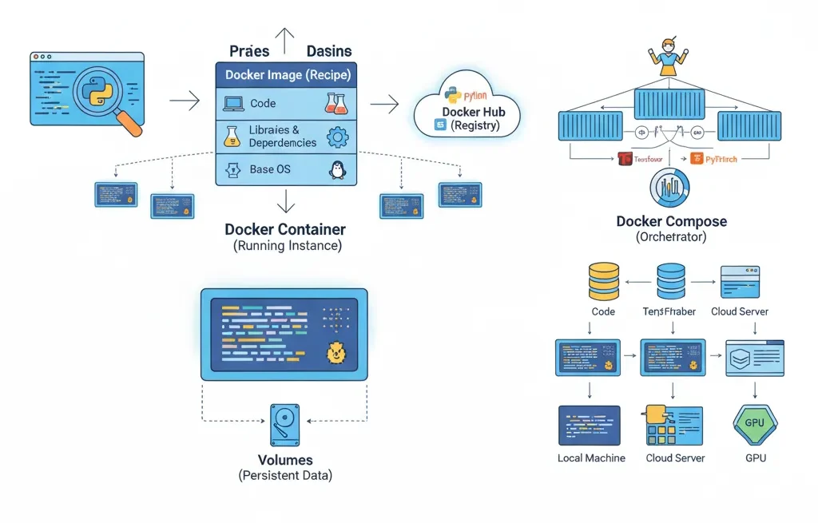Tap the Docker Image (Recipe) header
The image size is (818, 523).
click(286, 75)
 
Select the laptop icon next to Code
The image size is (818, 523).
click(233, 103)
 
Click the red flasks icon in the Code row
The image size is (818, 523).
click(336, 103)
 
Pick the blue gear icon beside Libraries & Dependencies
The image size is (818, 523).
click(338, 137)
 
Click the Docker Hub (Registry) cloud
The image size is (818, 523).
click(468, 115)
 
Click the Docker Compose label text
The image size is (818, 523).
click(671, 221)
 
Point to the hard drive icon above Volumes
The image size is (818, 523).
click(285, 423)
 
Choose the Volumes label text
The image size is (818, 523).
click(285, 460)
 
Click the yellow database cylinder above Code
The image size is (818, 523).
click(603, 281)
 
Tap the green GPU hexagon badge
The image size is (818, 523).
click(754, 424)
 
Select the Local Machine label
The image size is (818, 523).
click(591, 458)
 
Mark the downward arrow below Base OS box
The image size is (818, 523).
click(286, 201)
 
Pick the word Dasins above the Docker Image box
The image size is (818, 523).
click(328, 51)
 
